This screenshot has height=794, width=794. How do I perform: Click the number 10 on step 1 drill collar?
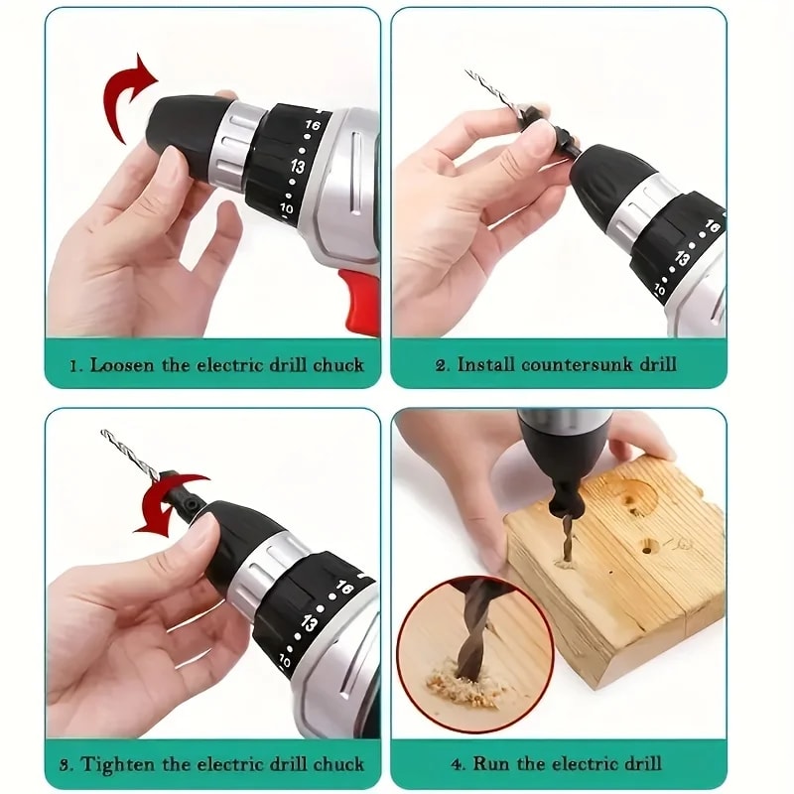[286, 209]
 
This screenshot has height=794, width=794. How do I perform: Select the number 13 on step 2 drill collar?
[683, 259]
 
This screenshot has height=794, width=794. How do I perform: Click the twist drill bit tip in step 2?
[471, 75]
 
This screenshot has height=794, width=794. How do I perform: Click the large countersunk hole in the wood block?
[636, 493]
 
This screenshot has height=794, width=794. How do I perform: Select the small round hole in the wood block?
[650, 546]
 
